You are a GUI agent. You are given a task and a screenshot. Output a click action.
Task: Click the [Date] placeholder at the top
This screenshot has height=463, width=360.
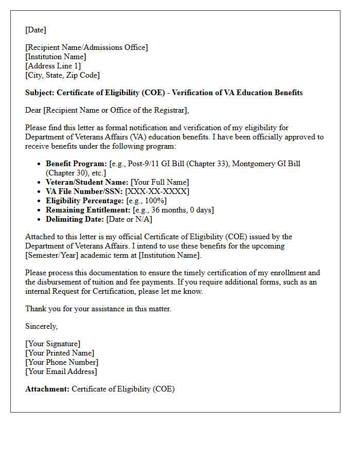point(36,30)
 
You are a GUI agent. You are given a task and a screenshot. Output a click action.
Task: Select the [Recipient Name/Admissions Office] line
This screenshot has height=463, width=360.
point(86,47)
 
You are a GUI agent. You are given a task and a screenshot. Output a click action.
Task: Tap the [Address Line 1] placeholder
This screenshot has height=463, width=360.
point(53,66)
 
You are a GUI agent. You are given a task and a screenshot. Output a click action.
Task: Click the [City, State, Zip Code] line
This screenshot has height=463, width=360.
point(62,75)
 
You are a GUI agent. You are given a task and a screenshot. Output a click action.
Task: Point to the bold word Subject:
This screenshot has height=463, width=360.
point(40,93)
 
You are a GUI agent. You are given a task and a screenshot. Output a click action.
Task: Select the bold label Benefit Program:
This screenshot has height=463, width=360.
point(77,164)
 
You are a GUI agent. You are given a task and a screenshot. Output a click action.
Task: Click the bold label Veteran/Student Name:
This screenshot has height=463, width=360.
point(87,182)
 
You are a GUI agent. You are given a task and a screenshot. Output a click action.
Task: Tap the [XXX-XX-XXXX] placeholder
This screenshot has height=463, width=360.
point(157,191)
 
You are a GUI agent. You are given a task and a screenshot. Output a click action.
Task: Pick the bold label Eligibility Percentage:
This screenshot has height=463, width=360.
point(85,201)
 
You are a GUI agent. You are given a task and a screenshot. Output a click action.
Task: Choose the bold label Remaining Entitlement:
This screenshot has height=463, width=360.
point(88,210)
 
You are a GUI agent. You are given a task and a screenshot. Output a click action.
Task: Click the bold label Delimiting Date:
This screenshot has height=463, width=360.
point(75,219)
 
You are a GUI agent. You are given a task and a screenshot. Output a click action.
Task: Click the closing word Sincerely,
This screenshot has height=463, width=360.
point(42,326)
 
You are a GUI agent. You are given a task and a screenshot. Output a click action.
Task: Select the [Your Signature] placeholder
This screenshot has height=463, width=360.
point(53,344)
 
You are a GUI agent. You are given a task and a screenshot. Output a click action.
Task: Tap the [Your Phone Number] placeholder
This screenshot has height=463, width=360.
point(62,362)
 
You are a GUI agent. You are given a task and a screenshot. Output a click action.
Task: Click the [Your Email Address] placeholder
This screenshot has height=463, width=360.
point(61,371)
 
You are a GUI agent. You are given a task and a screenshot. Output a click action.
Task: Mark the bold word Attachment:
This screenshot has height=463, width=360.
point(47,389)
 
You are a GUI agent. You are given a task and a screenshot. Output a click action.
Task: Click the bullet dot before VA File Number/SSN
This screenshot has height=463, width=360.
point(40,192)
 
